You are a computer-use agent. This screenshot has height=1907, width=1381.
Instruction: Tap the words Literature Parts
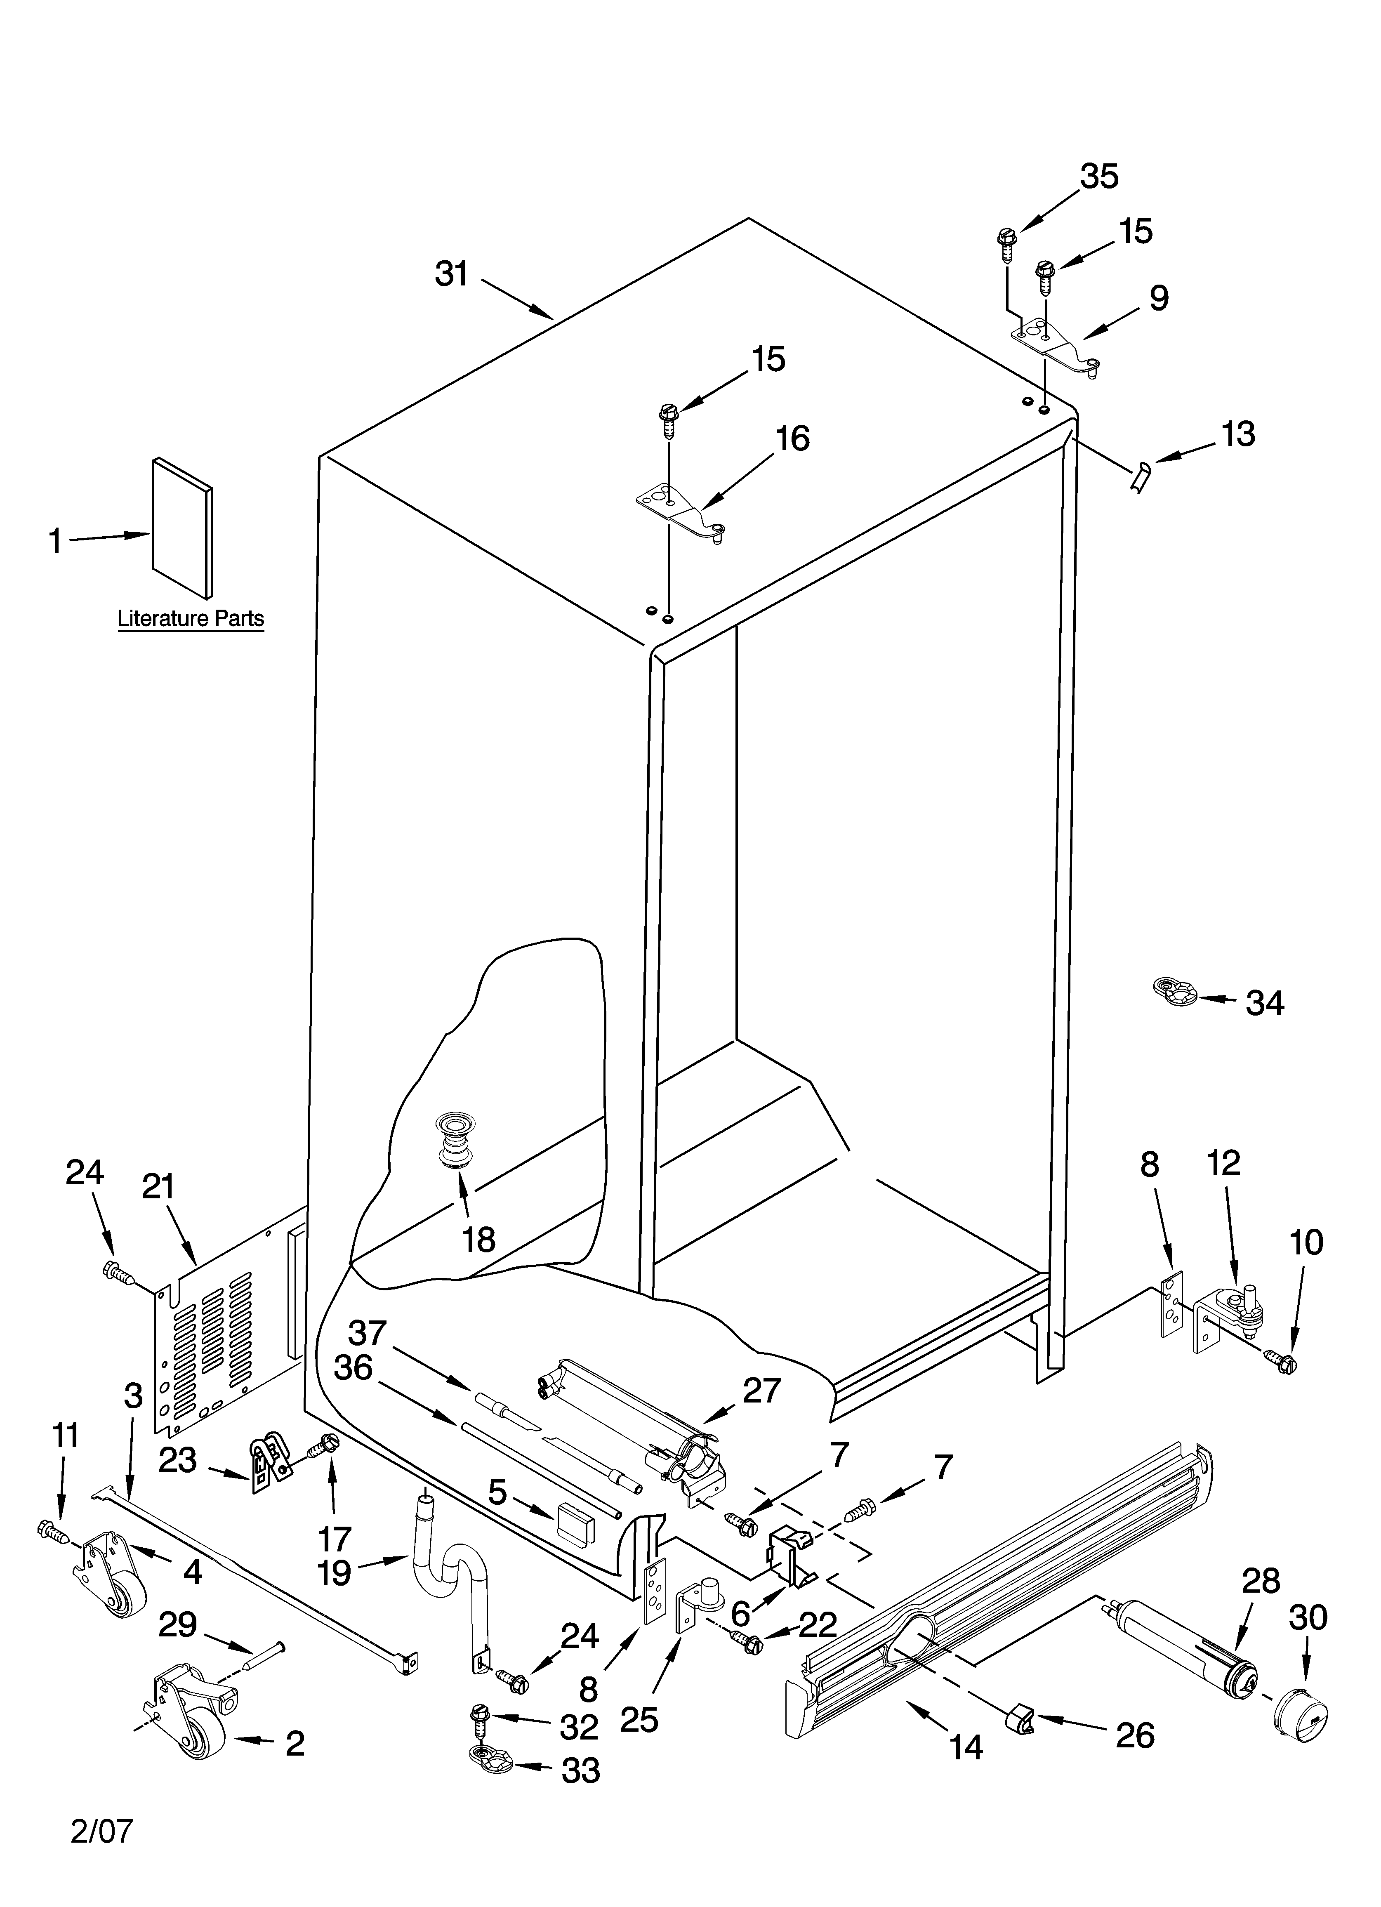point(190,619)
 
